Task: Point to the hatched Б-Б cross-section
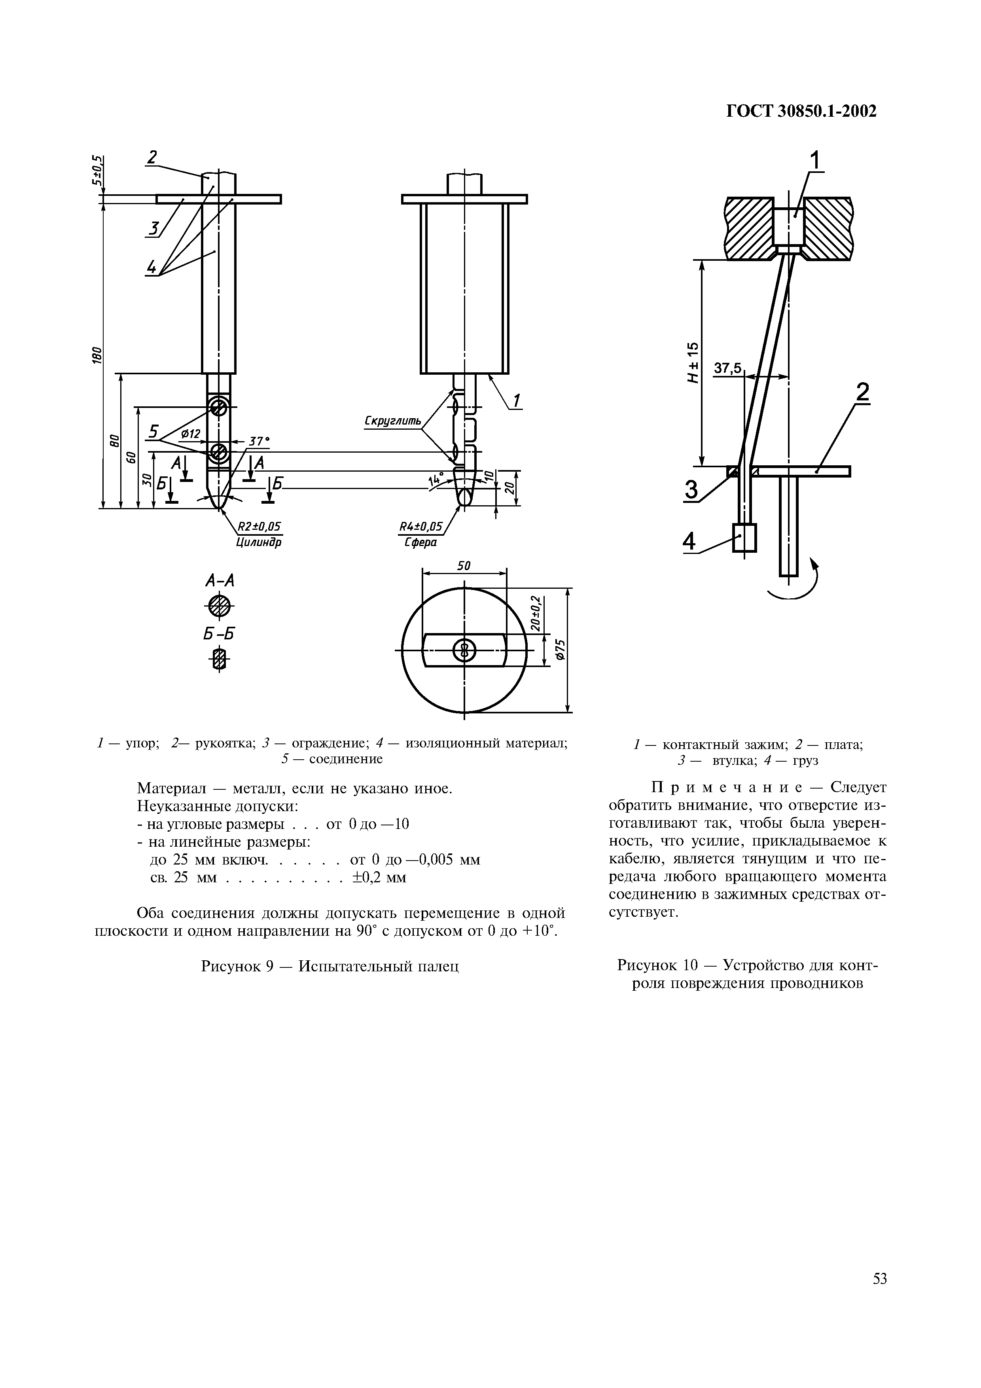click(220, 659)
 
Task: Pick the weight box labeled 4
click(744, 537)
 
